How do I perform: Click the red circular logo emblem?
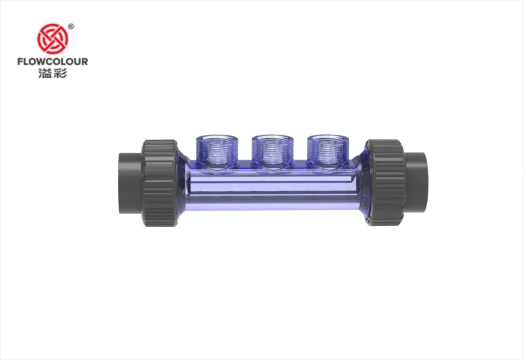pyautogui.click(x=52, y=39)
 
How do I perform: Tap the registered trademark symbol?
pyautogui.click(x=71, y=26)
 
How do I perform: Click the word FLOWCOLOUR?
pyautogui.click(x=52, y=62)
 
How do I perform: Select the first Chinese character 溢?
pyautogui.click(x=45, y=73)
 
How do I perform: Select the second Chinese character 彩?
pyautogui.click(x=60, y=73)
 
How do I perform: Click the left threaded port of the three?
pyautogui.click(x=217, y=151)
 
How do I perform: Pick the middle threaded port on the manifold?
pyautogui.click(x=272, y=151)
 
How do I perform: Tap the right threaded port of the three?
pyautogui.click(x=329, y=151)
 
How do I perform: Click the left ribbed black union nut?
pyautogui.click(x=160, y=183)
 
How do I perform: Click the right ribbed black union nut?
pyautogui.click(x=384, y=183)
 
